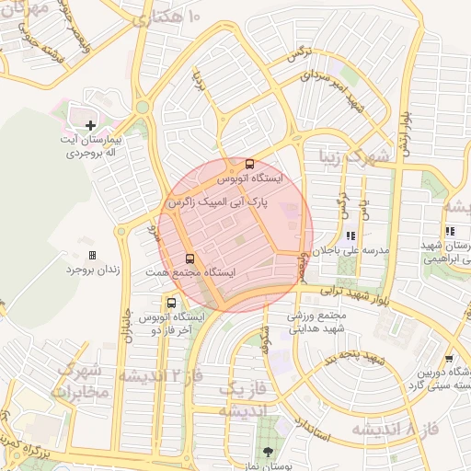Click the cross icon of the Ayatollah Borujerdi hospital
(x=90, y=125)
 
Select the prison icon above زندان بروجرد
(x=92, y=255)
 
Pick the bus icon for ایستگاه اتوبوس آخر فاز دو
(x=172, y=302)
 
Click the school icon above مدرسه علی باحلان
(x=350, y=235)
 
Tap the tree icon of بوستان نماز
(x=269, y=452)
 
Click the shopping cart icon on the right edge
(x=448, y=358)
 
